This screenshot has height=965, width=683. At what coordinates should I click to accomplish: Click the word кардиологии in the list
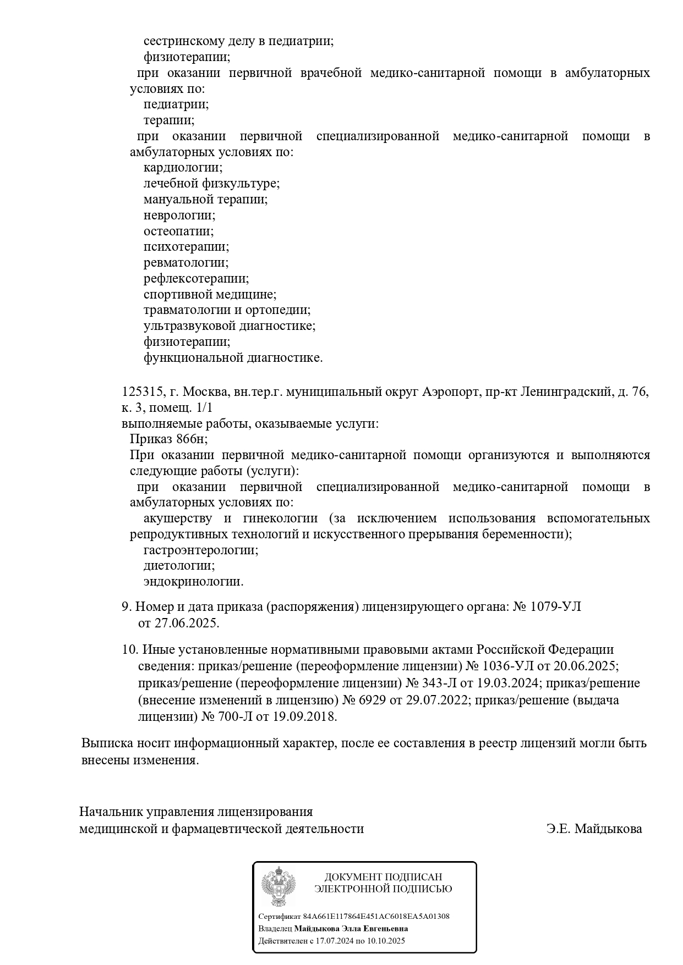point(183,168)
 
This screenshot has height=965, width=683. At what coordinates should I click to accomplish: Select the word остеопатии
point(178,231)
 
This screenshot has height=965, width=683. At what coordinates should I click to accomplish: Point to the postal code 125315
point(142,392)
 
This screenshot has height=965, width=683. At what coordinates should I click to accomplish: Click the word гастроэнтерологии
point(201,550)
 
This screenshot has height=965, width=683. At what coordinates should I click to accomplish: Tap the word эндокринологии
point(193,582)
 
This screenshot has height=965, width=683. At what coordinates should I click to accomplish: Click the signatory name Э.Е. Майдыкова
point(594,829)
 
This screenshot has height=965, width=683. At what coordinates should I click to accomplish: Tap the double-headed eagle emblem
point(278,886)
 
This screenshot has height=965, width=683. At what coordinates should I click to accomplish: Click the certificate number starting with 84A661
point(376,917)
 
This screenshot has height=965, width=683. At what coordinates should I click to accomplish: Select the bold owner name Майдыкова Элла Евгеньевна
point(351,929)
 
